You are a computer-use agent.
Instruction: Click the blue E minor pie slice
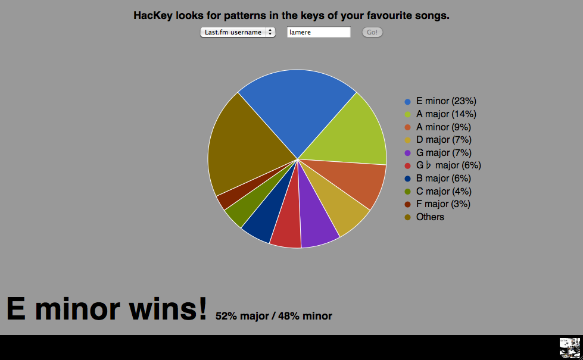click(297, 108)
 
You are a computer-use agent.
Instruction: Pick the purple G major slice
click(316, 219)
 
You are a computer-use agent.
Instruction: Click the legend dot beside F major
click(408, 204)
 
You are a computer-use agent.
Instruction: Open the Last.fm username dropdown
click(238, 32)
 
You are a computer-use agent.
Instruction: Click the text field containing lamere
click(319, 32)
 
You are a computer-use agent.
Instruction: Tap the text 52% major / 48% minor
click(274, 316)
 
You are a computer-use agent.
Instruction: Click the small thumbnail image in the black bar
click(570, 348)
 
